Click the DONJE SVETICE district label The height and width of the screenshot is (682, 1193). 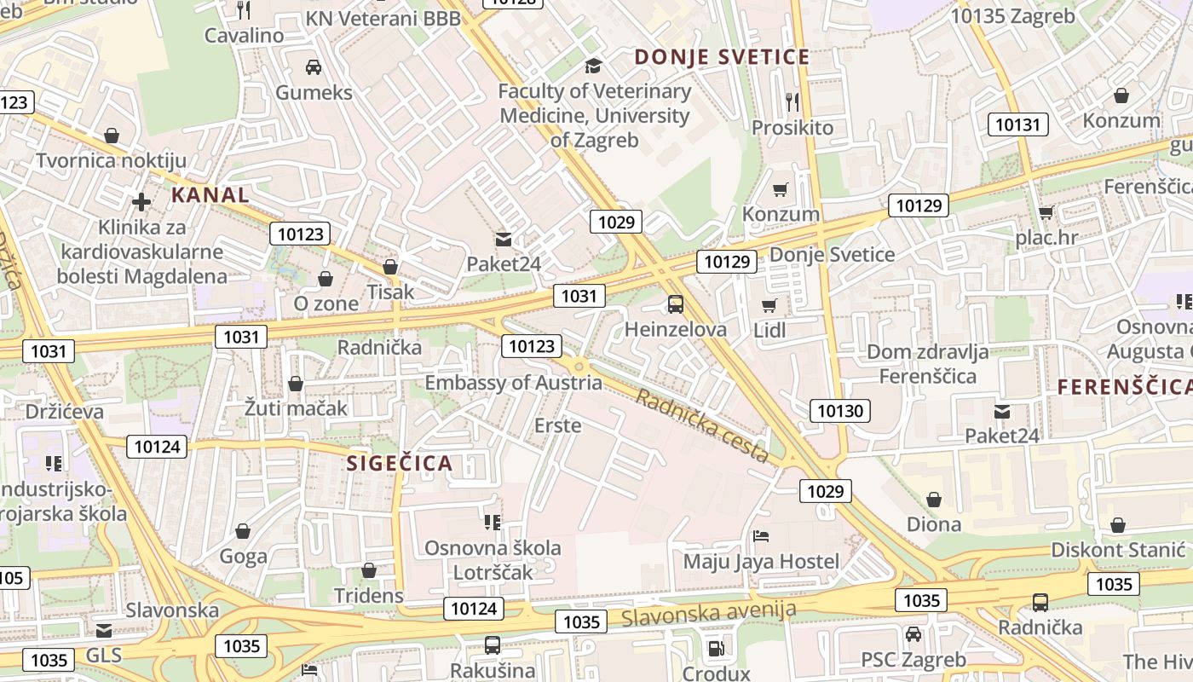(x=722, y=57)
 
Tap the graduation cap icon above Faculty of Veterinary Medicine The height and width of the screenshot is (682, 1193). (x=592, y=66)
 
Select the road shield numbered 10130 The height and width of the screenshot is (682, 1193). (x=839, y=411)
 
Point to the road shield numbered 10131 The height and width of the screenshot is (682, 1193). (x=1017, y=124)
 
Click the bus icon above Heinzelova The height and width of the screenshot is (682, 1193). (x=676, y=303)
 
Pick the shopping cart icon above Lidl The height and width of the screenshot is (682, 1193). (x=769, y=305)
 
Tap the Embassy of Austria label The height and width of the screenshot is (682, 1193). (x=513, y=383)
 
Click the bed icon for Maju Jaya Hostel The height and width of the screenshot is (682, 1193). (x=761, y=536)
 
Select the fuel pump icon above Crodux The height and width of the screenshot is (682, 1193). (x=716, y=649)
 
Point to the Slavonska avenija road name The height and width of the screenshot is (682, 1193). (x=709, y=612)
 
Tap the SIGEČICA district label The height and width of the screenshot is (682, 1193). (x=400, y=464)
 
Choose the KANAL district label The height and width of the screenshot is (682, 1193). (x=210, y=194)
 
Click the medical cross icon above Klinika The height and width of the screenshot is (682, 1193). (x=141, y=202)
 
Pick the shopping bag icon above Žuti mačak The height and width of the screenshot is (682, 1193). (x=296, y=384)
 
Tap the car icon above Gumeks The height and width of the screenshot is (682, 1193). (x=313, y=66)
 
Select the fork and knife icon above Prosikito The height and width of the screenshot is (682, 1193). (x=792, y=102)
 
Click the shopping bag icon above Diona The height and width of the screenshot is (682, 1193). (x=934, y=499)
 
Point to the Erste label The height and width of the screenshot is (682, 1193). (x=557, y=425)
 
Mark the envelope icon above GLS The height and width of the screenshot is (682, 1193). (x=104, y=631)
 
